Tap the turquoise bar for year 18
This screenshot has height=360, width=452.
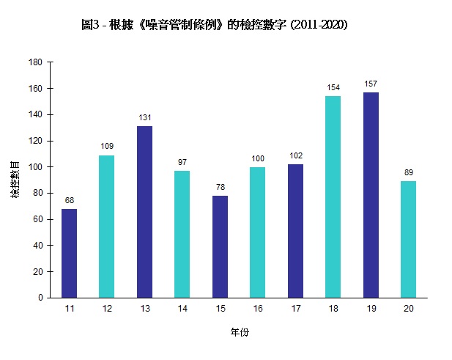[333, 196]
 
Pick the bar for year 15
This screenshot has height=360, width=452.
[220, 246]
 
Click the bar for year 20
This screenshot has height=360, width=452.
[408, 239]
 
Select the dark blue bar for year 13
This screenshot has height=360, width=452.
[144, 212]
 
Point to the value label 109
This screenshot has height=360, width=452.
[107, 146]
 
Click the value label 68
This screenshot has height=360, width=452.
[69, 199]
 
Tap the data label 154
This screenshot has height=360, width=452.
[333, 87]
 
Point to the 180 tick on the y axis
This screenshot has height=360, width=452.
[35, 62]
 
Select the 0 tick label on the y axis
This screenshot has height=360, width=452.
[40, 298]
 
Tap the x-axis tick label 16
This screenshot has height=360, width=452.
[257, 309]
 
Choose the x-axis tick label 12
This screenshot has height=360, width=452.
[107, 309]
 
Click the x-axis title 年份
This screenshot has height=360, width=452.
[240, 333]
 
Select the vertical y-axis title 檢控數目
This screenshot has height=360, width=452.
[15, 180]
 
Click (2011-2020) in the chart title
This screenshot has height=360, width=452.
[319, 25]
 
